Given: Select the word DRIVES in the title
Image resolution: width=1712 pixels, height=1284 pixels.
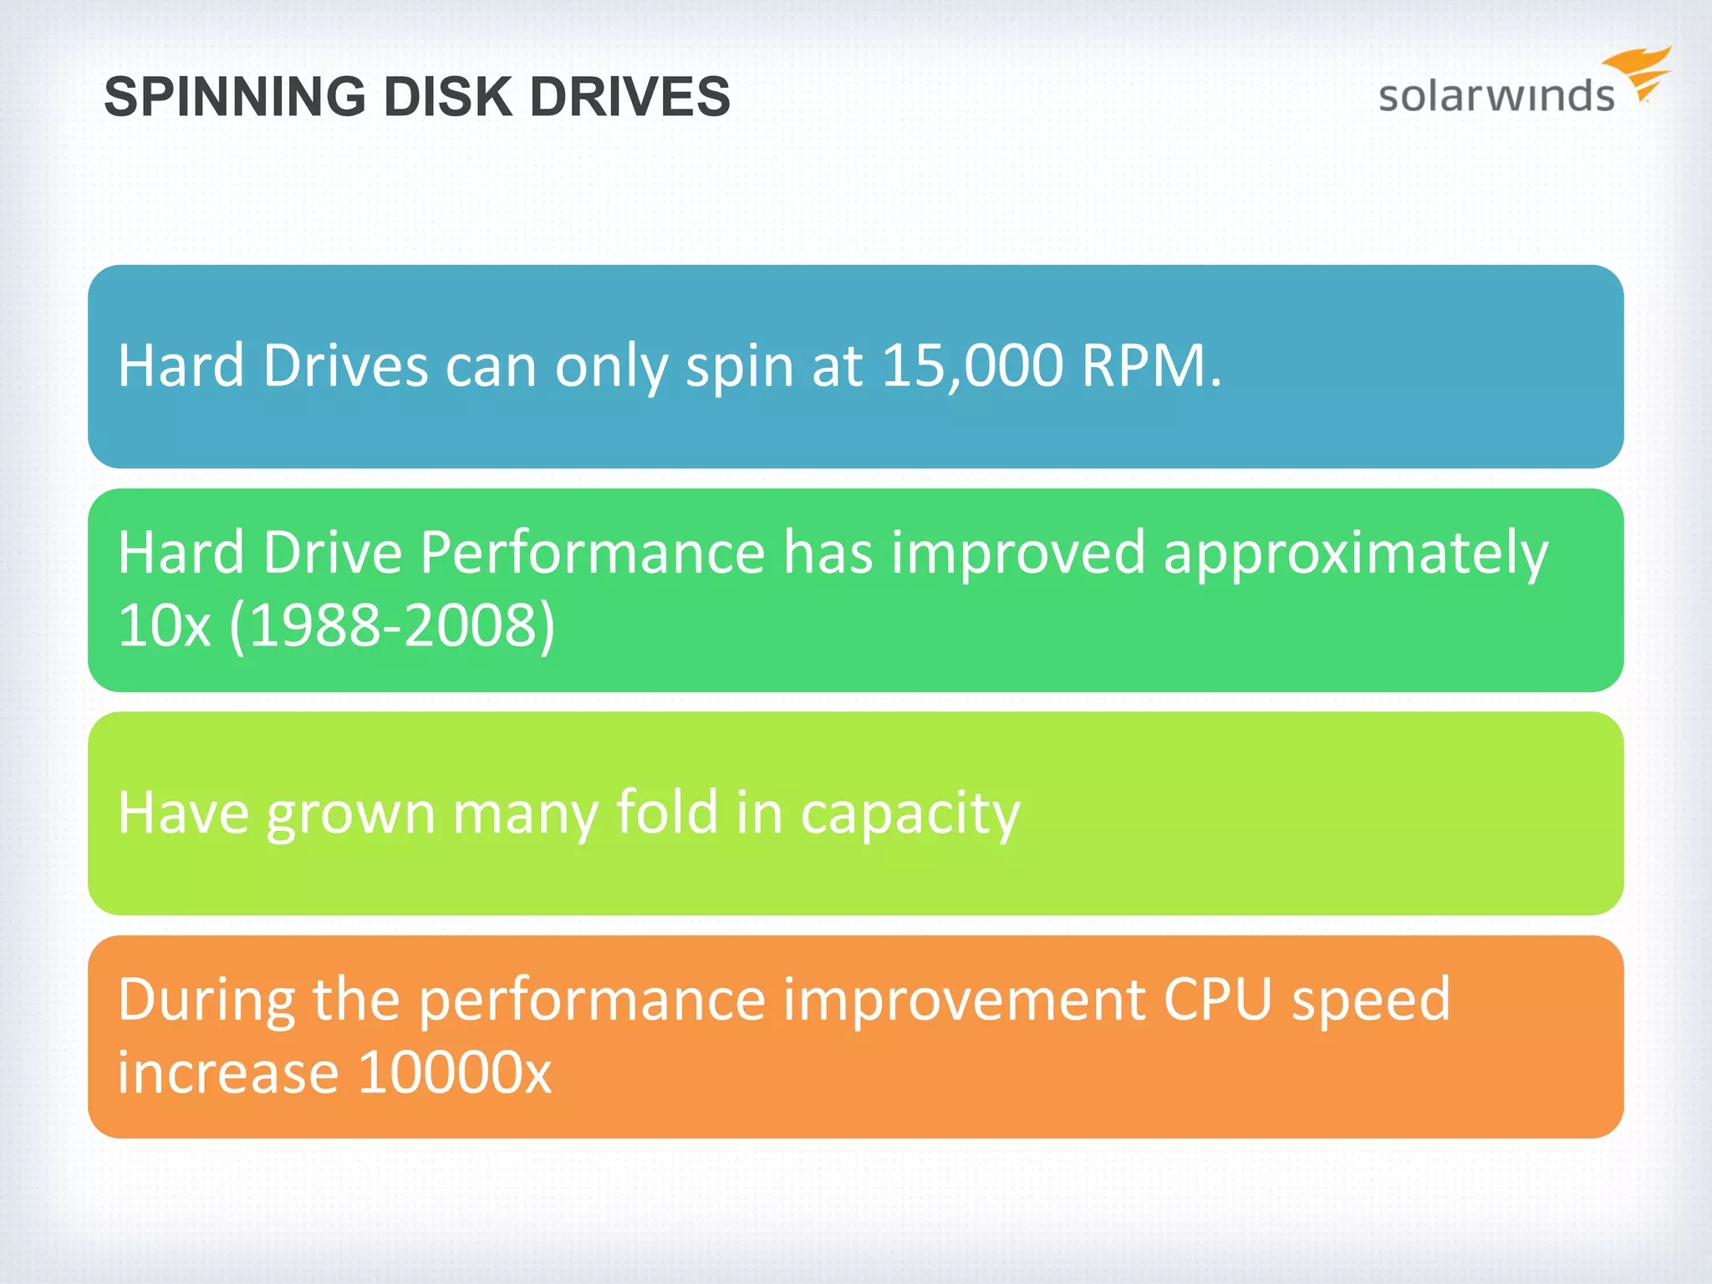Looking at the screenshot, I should point(629,97).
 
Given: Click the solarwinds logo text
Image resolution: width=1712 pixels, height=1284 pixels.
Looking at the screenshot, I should point(1495,96).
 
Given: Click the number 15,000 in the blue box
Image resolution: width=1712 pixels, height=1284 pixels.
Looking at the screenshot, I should point(972,366).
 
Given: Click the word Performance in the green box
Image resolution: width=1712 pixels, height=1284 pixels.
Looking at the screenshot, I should point(592,553).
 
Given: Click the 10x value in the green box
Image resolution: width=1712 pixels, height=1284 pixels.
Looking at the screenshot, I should point(164,625).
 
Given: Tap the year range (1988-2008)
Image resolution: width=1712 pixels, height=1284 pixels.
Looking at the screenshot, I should point(392,625).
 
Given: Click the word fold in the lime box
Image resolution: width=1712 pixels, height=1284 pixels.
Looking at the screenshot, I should point(667,812).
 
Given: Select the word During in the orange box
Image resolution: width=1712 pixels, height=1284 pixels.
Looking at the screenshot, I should point(206,1001).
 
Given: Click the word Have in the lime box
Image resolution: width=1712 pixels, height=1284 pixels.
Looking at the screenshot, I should point(183,812).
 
